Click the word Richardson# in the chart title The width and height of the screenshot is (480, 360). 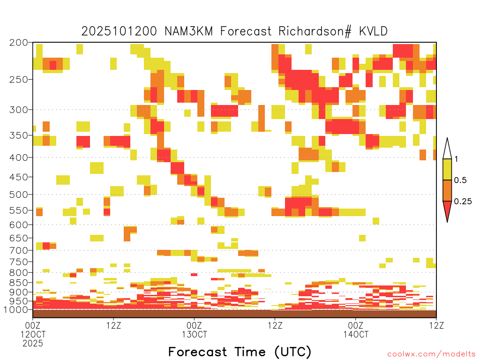pos(315,31)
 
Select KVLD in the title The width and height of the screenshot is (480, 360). pos(373,31)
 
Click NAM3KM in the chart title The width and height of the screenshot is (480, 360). pos(188,31)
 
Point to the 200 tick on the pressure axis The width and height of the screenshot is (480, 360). pos(19,43)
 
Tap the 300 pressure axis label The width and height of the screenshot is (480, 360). pos(19,110)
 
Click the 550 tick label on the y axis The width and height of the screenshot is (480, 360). pos(19,210)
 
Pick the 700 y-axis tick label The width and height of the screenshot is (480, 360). pos(19,250)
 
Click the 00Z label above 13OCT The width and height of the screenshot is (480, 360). pos(194,325)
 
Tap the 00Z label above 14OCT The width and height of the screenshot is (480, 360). pos(356,325)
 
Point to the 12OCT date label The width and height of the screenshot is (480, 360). pos(33,334)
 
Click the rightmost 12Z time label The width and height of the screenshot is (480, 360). pos(436,325)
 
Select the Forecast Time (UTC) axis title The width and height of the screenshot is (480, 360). pos(240,352)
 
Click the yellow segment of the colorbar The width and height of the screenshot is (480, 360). pos(447,169)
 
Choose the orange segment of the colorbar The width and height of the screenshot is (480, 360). pos(447,190)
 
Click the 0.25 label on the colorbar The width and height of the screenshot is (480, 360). pos(463,202)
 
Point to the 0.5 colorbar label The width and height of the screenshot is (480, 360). pos(460,180)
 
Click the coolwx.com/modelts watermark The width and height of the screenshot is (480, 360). pos(431,354)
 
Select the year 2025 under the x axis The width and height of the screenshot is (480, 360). pos(33,344)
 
